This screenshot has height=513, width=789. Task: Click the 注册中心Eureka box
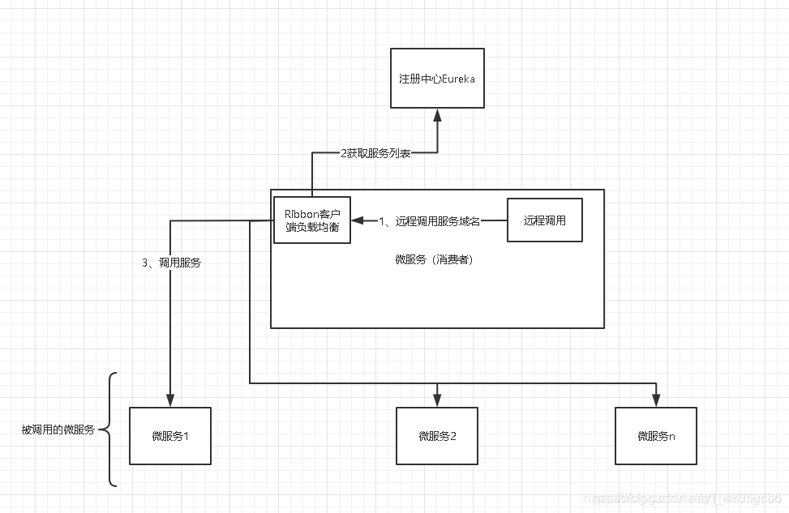point(437,78)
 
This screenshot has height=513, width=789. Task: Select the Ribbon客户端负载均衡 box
point(311,220)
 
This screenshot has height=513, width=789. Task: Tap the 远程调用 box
point(544,220)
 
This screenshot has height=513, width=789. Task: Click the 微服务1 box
point(170,436)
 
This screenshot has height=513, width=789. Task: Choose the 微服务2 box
point(437,436)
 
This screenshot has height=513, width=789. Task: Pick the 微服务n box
point(655,436)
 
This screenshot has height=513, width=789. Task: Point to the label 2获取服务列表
point(375,153)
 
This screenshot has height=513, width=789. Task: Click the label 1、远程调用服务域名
point(429,221)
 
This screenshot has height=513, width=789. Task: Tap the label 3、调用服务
point(171,263)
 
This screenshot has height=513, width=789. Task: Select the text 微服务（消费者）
point(435,260)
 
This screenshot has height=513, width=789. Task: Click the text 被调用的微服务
point(58,430)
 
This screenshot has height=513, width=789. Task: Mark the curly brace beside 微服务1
point(112,430)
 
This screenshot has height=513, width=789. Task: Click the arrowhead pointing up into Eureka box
point(438,115)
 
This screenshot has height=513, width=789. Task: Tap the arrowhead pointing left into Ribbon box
point(358,220)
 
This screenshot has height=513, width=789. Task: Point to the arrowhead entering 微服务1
point(170,400)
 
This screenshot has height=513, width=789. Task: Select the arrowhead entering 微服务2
point(437,400)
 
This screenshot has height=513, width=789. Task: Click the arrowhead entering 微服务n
point(655,400)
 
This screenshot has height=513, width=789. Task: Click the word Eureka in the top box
point(457,79)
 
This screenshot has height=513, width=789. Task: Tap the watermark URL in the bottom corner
point(681,497)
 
